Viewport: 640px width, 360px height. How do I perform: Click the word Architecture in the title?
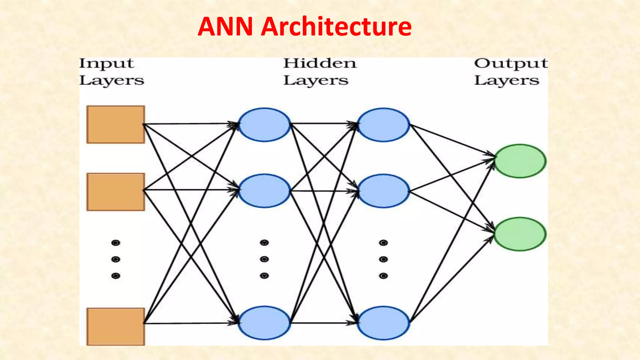click(336, 27)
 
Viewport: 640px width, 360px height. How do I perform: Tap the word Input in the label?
click(106, 63)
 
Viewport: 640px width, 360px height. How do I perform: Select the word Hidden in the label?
click(320, 63)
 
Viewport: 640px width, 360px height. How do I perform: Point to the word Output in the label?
click(511, 64)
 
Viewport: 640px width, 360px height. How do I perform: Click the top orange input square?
click(116, 124)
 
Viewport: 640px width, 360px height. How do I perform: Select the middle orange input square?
click(116, 192)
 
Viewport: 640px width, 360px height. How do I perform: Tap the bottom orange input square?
click(116, 326)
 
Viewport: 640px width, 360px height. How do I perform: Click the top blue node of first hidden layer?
click(264, 125)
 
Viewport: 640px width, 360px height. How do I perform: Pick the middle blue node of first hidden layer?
click(264, 191)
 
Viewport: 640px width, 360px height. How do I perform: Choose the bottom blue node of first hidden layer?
click(264, 323)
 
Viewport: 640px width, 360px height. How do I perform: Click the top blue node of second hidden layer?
click(383, 125)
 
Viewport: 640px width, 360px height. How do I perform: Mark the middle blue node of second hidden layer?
click(383, 191)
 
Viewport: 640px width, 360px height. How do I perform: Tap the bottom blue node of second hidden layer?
click(383, 323)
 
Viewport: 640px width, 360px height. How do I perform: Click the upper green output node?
click(520, 161)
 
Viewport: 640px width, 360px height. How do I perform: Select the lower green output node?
click(520, 234)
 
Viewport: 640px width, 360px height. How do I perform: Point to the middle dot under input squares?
click(116, 259)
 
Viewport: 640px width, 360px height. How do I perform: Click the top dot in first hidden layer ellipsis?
click(264, 243)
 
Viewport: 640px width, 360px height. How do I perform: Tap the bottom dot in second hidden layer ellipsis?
click(383, 276)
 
